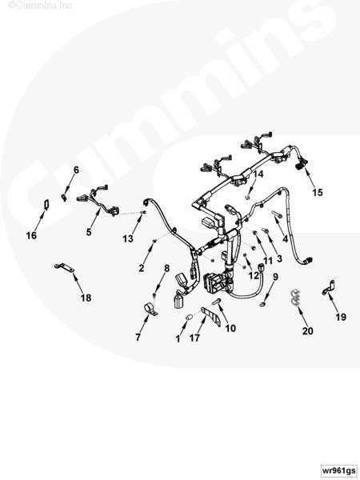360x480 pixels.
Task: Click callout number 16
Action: (31, 235)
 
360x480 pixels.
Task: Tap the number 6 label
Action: (76, 170)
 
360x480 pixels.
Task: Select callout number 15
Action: (318, 192)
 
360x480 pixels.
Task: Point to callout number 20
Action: (308, 331)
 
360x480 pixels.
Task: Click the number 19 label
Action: (341, 317)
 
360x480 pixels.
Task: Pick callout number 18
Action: (86, 298)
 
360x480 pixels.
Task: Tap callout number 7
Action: (138, 338)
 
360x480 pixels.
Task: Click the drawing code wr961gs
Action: (339, 470)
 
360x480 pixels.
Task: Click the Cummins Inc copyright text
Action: (40, 5)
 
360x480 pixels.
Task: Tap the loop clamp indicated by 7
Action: (150, 309)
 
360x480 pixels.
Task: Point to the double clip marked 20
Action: (295, 298)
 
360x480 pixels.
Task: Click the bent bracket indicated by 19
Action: (329, 288)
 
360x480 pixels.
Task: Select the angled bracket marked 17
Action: (211, 316)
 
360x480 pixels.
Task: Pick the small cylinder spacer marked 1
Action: (190, 317)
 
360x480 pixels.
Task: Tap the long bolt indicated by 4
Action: (277, 214)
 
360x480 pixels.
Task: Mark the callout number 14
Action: (258, 174)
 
